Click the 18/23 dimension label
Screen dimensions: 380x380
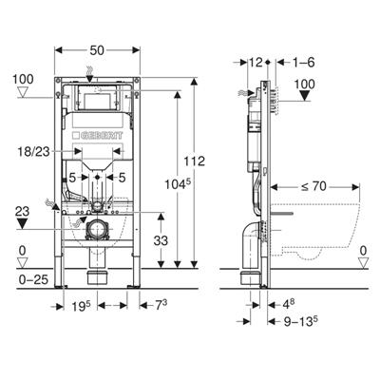36,150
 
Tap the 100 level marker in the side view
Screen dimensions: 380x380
305,85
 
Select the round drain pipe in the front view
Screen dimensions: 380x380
96,227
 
